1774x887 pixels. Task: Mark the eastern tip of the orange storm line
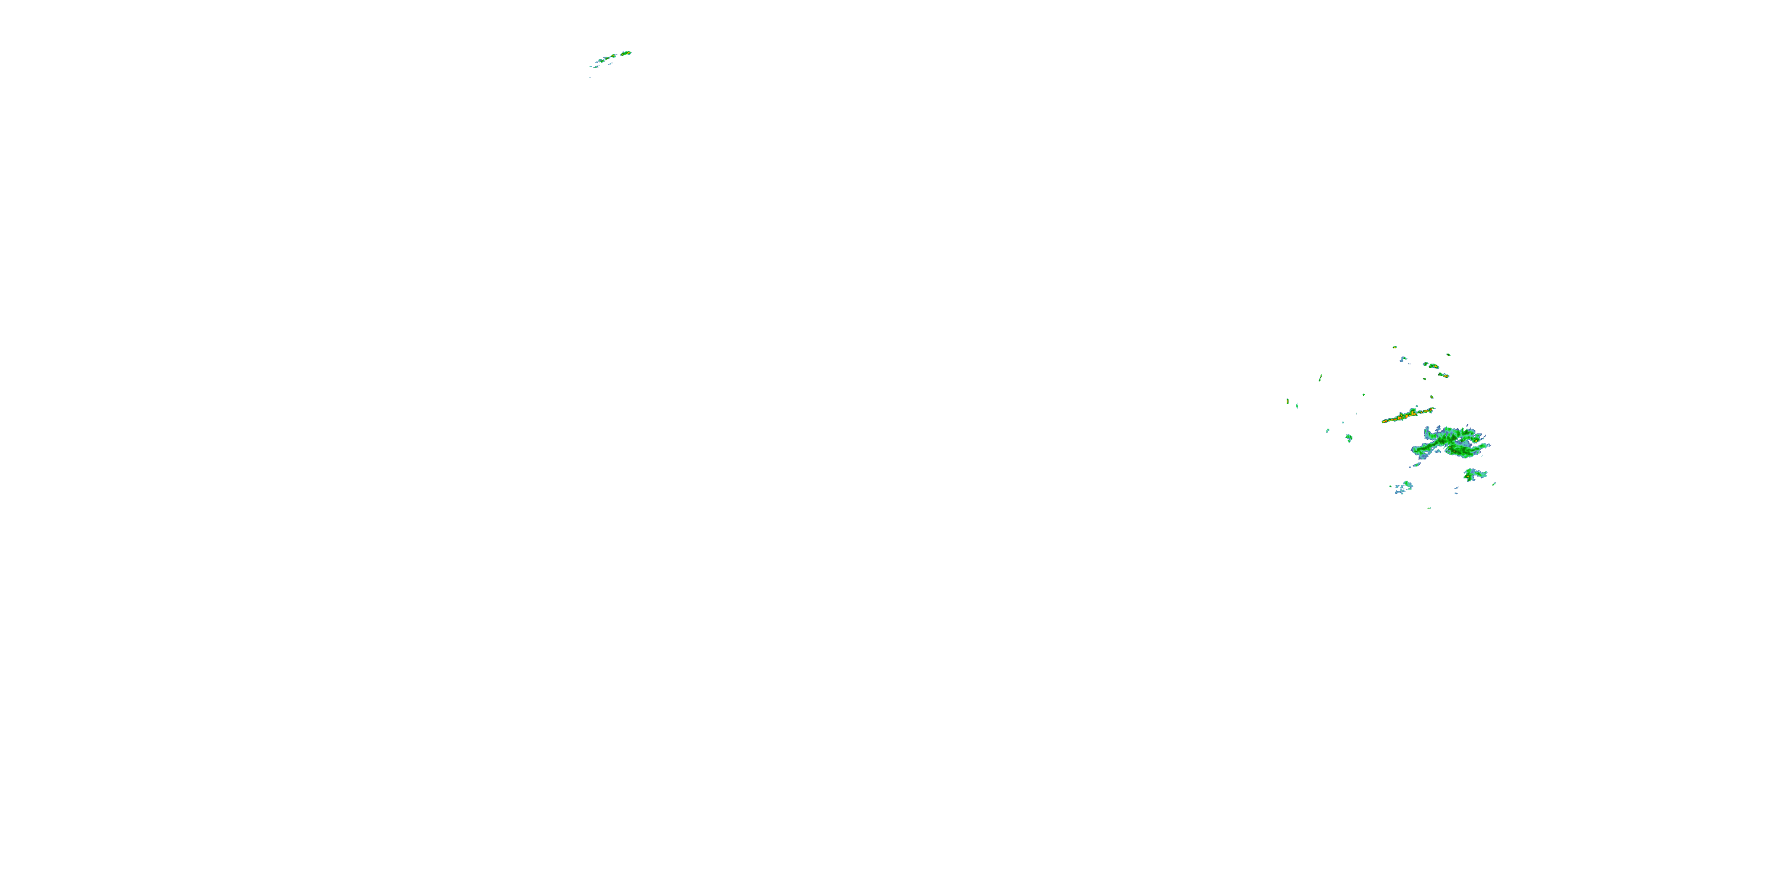[1433, 409]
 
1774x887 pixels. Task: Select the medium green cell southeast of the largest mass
[1474, 474]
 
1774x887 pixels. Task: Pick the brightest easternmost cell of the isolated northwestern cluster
[626, 53]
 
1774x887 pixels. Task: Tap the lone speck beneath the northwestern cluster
[590, 76]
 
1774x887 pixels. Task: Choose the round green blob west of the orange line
[1349, 438]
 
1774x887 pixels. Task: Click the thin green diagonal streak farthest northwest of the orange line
[1320, 377]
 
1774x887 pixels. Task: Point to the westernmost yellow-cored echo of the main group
[1287, 401]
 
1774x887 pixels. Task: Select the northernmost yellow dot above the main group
[1394, 347]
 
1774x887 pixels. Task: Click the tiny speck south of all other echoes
[1430, 508]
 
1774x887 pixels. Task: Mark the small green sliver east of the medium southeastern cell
[1494, 484]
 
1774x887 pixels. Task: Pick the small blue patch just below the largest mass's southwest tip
[1416, 464]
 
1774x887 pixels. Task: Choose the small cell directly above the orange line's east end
[1432, 397]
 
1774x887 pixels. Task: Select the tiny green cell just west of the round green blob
[1328, 431]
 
